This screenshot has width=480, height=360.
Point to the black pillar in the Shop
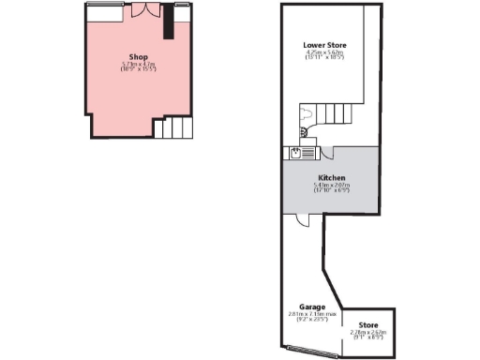pos(169,22)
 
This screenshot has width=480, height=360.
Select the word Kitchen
pos(332,177)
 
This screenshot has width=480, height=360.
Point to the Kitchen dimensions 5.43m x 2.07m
pos(332,187)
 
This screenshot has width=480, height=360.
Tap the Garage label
pos(312,307)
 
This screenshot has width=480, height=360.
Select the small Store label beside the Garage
pos(369,324)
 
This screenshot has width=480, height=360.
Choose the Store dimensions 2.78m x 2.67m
pos(369,333)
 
